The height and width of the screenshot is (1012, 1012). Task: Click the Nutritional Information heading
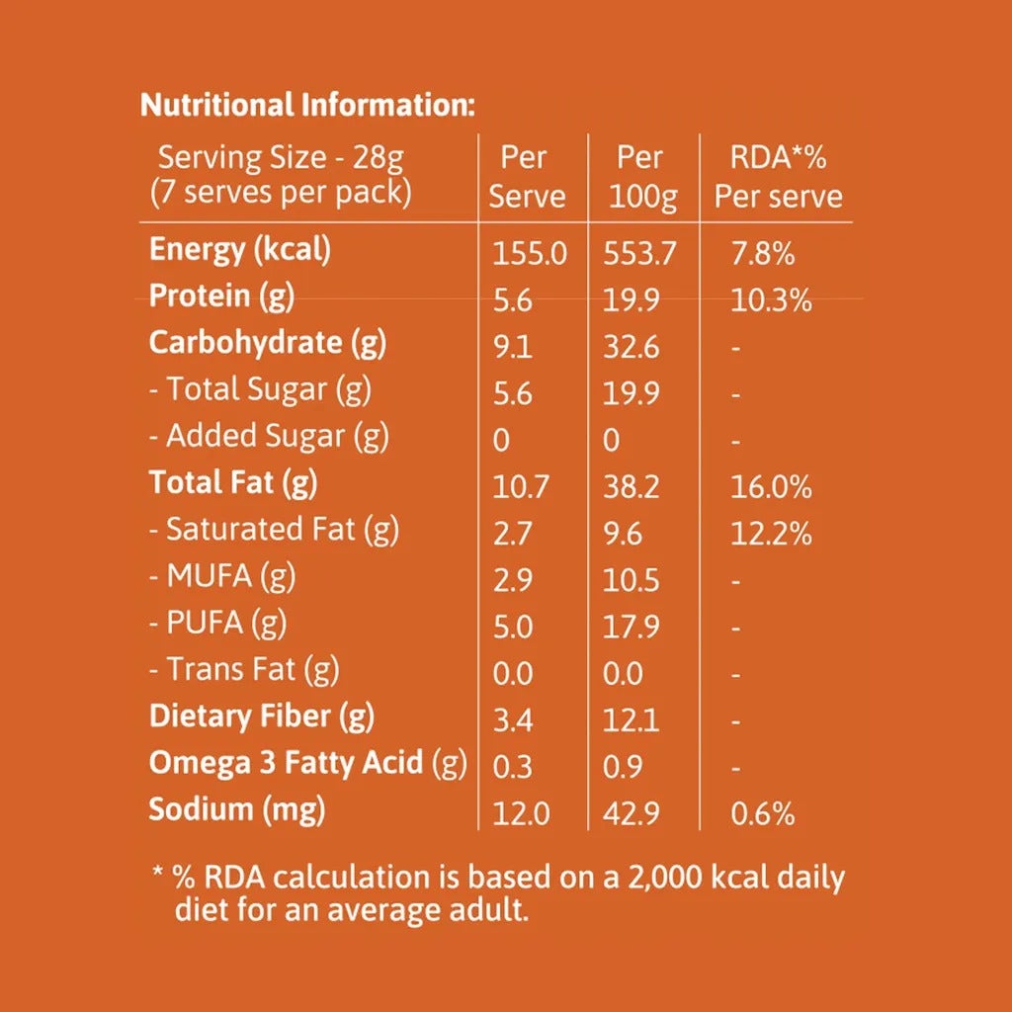click(x=308, y=105)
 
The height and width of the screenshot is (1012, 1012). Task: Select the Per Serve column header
click(x=527, y=176)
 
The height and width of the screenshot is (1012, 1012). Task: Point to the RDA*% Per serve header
click(x=779, y=176)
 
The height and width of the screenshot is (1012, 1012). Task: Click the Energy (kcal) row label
click(x=240, y=250)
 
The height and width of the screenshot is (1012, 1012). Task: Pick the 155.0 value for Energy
click(x=530, y=254)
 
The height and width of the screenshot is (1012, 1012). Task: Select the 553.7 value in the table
click(x=639, y=254)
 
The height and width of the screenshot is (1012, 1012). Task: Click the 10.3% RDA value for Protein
click(x=771, y=300)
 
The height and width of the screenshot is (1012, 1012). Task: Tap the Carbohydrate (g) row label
click(x=267, y=343)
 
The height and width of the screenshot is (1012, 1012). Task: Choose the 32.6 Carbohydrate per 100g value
click(x=631, y=348)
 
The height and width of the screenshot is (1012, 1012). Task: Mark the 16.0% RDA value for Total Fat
click(x=771, y=487)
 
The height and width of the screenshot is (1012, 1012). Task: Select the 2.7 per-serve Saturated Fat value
click(x=512, y=535)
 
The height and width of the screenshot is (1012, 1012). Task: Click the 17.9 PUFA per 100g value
click(x=631, y=628)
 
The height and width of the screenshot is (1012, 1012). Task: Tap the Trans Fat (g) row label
click(x=244, y=669)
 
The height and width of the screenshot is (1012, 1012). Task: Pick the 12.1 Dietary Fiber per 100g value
click(x=631, y=720)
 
